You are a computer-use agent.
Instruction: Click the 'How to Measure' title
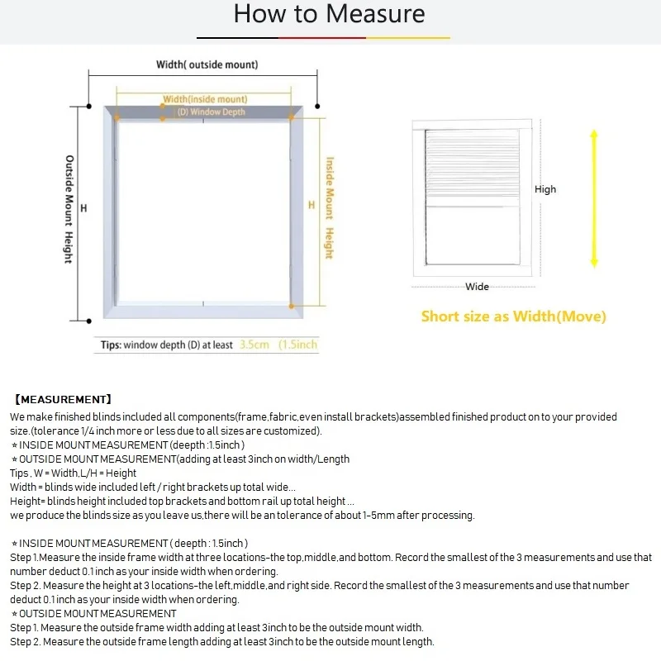(330, 14)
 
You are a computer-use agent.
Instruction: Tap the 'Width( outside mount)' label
(207, 64)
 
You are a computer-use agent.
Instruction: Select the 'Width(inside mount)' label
(205, 100)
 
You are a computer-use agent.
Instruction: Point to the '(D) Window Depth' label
(212, 112)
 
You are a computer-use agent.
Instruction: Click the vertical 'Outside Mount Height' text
(69, 210)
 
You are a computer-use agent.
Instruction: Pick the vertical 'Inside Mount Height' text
(329, 208)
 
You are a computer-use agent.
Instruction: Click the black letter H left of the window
(83, 208)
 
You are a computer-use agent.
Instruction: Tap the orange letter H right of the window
(311, 204)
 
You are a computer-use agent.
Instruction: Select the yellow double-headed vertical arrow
(593, 197)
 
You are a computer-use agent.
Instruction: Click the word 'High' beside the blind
(545, 189)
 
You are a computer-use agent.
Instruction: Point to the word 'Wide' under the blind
(477, 287)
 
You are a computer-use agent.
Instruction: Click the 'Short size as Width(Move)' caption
(513, 316)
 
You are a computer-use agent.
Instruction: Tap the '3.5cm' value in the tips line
(254, 345)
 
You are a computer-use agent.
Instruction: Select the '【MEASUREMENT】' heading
(63, 400)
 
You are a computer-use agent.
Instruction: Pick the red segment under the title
(323, 37)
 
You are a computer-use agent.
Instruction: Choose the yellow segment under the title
(408, 37)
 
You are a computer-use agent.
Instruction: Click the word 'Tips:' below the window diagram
(111, 345)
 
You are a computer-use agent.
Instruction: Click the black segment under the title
(238, 37)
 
